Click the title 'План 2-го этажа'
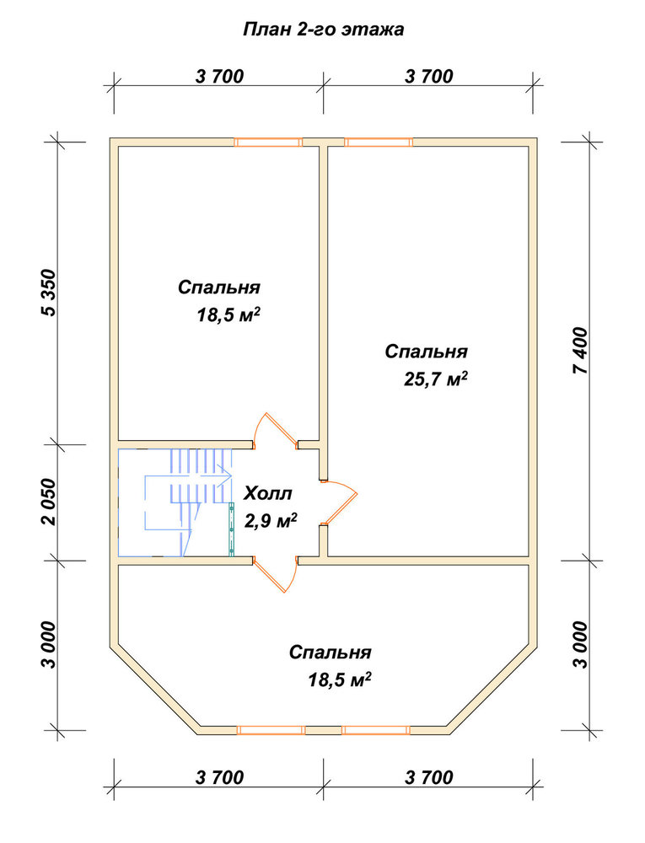[x=324, y=29]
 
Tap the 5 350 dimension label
[x=49, y=293]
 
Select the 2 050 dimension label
[x=49, y=502]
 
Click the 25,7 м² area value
[x=435, y=379]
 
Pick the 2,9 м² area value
[x=271, y=520]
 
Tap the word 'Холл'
[x=268, y=493]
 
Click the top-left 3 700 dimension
[x=219, y=77]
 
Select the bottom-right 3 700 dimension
[x=429, y=777]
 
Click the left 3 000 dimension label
[x=49, y=645]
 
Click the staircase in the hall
[x=175, y=502]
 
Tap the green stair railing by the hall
[x=232, y=529]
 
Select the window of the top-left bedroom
[x=268, y=142]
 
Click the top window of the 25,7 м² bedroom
[x=379, y=142]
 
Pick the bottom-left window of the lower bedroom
[x=271, y=730]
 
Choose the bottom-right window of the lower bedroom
[x=376, y=730]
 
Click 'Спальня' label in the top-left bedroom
[x=219, y=287]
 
